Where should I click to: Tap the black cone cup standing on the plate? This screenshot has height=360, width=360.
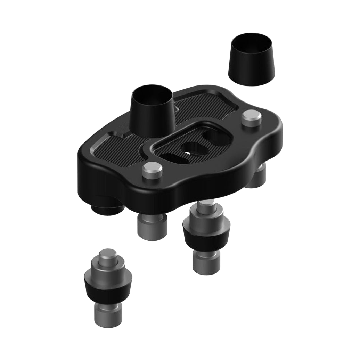[x=152, y=115]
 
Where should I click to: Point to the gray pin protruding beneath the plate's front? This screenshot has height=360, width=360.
[x=152, y=226]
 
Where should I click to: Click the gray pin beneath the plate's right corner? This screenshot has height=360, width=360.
[x=256, y=177]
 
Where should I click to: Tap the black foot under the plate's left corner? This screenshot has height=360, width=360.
[x=107, y=208]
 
